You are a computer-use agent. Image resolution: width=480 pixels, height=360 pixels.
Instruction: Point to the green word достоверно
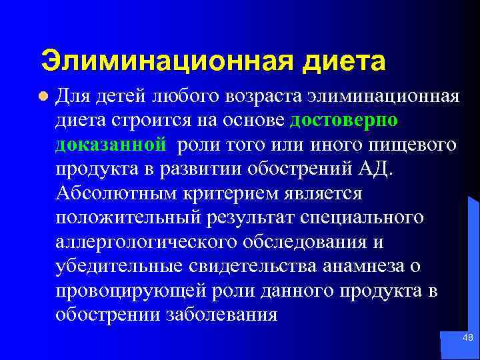click(x=345, y=121)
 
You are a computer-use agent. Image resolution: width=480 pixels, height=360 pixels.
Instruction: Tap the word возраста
click(x=259, y=97)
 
